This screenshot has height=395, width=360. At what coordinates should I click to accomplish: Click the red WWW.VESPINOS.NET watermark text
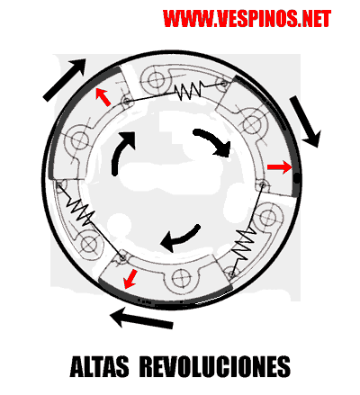point(247,18)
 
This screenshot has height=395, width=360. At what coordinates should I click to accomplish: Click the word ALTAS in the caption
point(99,366)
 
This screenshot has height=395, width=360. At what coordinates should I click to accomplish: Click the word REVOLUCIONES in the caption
point(215,366)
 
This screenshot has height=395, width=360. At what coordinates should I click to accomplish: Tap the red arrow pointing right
point(279,167)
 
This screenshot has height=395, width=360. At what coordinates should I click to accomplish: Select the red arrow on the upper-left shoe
point(103,97)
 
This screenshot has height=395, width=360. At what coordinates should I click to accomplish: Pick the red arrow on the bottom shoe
point(130,279)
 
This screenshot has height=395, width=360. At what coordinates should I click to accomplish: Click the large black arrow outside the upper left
point(64,79)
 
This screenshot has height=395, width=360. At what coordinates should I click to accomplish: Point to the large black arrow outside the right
point(305,121)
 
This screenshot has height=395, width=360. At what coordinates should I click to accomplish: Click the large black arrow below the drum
point(141,319)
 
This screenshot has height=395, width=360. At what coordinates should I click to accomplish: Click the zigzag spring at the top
point(189,90)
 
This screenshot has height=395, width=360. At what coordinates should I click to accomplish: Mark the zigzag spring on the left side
point(79,210)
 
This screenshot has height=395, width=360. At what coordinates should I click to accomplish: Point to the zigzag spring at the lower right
point(245,245)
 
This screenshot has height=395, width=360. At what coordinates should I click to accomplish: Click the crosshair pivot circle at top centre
point(157,79)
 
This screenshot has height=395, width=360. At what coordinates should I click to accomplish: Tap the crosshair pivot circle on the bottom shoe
point(181,278)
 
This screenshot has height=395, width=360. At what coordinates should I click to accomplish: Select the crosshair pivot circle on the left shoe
point(80,140)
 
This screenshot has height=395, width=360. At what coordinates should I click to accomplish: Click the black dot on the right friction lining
point(296,179)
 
